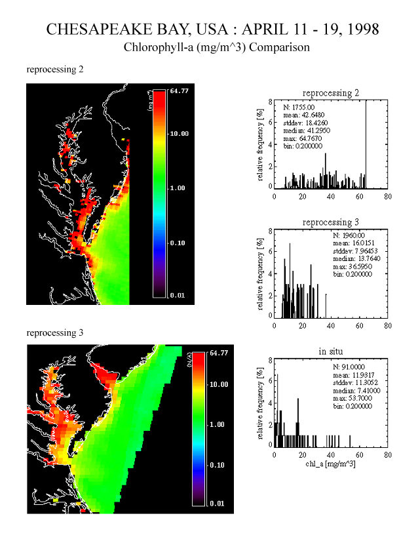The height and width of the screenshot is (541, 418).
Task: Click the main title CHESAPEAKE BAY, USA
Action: pyautogui.click(x=213, y=30)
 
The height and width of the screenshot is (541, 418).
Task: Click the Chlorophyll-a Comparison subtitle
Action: pyautogui.click(x=216, y=48)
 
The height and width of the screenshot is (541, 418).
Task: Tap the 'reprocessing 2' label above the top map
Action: pyautogui.click(x=54, y=69)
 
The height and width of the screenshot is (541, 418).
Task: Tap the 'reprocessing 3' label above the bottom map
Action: pyautogui.click(x=54, y=332)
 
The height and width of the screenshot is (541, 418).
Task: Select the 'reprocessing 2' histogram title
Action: pyautogui.click(x=332, y=93)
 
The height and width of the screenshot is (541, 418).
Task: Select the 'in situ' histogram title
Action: pyautogui.click(x=332, y=352)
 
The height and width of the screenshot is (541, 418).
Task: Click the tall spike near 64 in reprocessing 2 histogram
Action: pyautogui.click(x=366, y=144)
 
